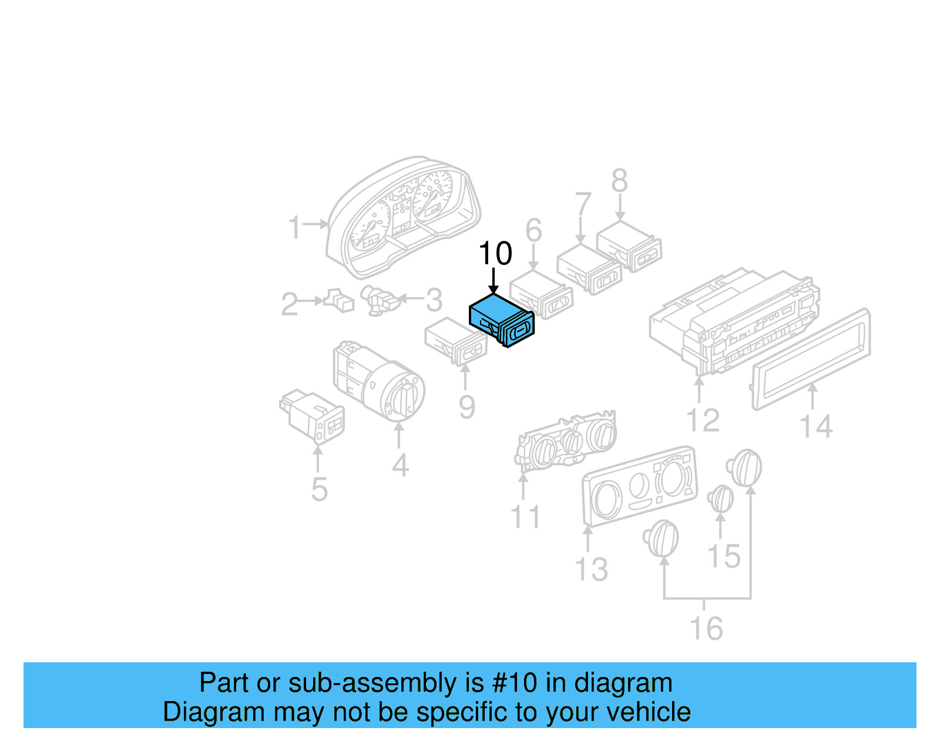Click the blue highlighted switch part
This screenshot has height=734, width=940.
[x=501, y=320]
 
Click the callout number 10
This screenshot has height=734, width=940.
[x=495, y=254]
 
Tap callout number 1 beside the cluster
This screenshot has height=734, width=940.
[x=294, y=227]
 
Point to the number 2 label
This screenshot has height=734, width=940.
[x=289, y=304]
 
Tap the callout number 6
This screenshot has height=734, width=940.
[x=533, y=230]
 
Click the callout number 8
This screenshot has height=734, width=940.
[x=620, y=181]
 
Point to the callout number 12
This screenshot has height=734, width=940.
[x=703, y=420]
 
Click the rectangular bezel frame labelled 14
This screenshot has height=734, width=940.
[x=811, y=358]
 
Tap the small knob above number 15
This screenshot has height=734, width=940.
[x=721, y=499]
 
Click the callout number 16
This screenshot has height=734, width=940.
[x=706, y=628]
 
